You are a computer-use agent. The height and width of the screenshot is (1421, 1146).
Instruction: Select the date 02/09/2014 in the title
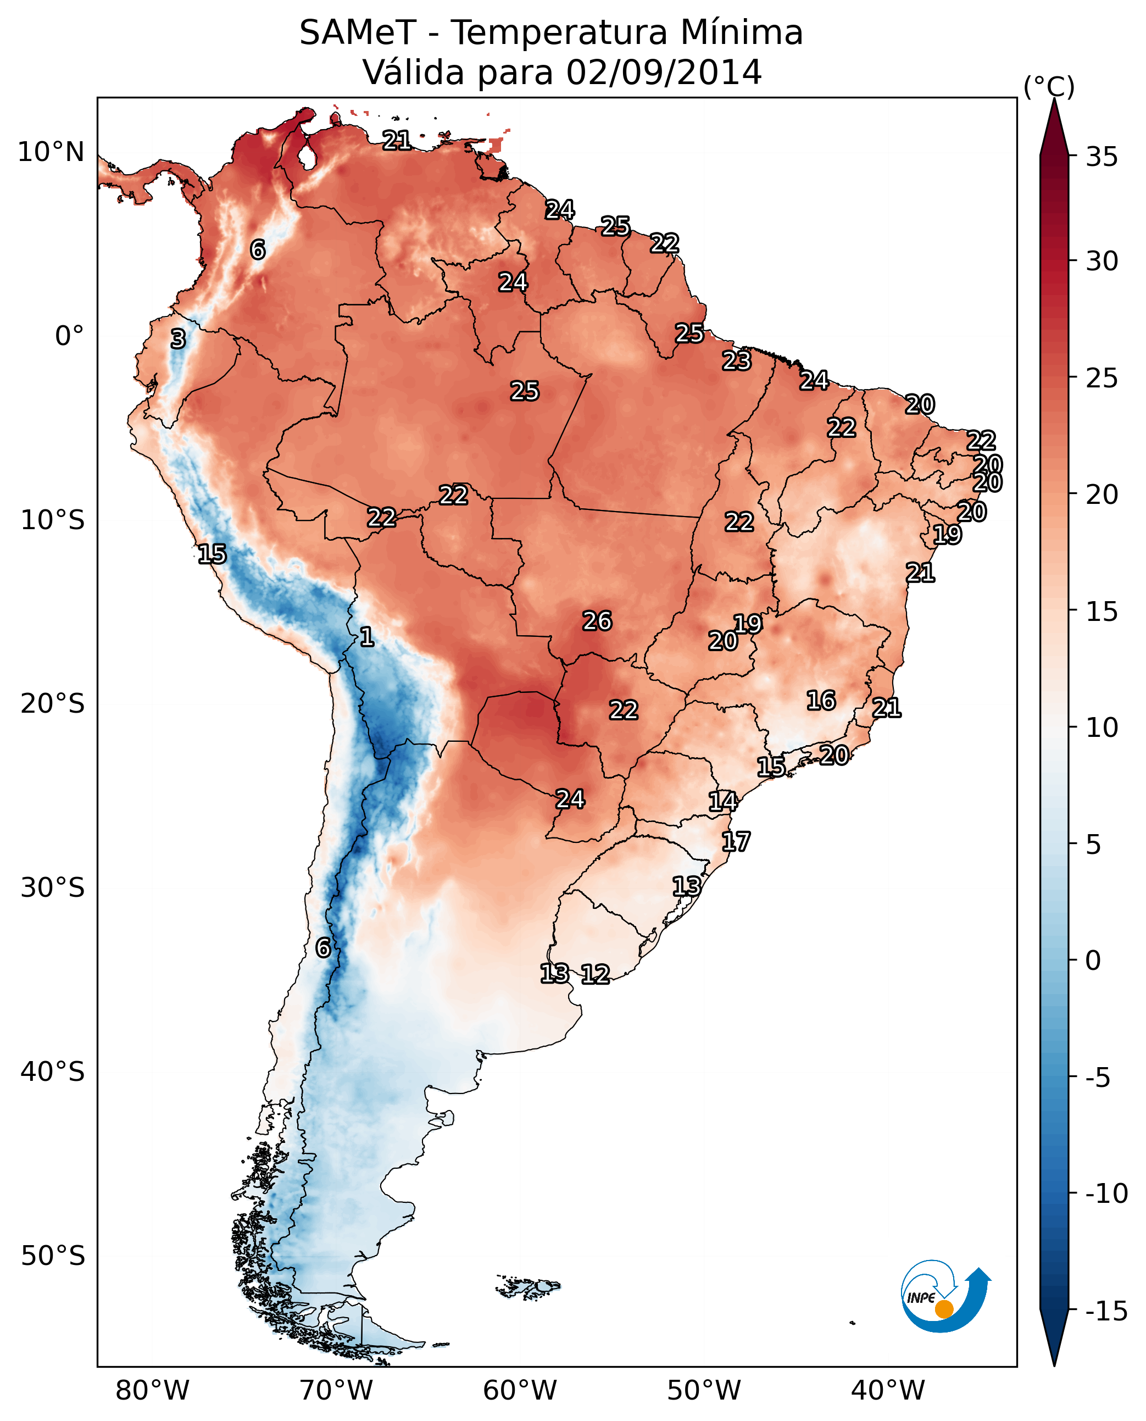[664, 73]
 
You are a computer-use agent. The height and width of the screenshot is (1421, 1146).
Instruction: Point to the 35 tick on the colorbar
[1102, 157]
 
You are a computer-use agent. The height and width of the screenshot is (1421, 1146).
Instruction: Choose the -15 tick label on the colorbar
[1106, 1312]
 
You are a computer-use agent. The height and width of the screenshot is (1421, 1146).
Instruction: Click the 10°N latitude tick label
[51, 153]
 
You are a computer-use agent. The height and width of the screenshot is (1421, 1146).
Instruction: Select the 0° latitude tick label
[69, 336]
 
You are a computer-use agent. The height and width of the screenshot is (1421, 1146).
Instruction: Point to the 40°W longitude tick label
[888, 1390]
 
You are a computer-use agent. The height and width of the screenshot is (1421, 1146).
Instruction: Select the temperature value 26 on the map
[597, 621]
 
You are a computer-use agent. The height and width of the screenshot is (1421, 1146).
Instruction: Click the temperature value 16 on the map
[821, 700]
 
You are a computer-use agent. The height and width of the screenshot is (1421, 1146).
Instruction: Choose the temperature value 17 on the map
[736, 841]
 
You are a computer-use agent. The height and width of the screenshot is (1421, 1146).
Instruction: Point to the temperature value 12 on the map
[595, 974]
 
